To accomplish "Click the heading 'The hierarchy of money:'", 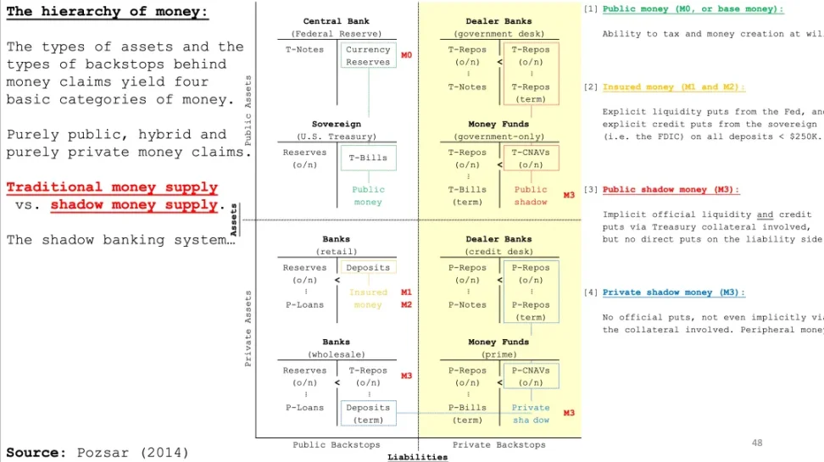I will click(108, 12).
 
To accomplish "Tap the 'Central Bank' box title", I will click(336, 21).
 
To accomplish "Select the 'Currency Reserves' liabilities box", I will click(368, 56).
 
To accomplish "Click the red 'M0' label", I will click(406, 55).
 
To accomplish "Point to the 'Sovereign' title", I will click(336, 125).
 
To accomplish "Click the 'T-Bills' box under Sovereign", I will click(368, 158).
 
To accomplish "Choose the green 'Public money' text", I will click(368, 196).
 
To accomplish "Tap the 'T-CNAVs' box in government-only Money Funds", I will click(531, 159).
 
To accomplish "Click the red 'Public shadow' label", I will click(531, 196).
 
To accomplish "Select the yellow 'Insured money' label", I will click(368, 298).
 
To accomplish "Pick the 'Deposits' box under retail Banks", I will click(368, 268).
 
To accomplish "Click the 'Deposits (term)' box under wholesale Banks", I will click(368, 414).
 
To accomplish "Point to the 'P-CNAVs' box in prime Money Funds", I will click(531, 376).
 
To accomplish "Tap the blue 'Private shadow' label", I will click(531, 414).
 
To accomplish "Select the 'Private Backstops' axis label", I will click(498, 445).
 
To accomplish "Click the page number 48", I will click(757, 443).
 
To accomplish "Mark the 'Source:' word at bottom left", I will click(36, 452).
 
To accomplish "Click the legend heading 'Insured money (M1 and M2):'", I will click(674, 87).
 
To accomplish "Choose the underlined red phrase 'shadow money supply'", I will click(134, 205).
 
